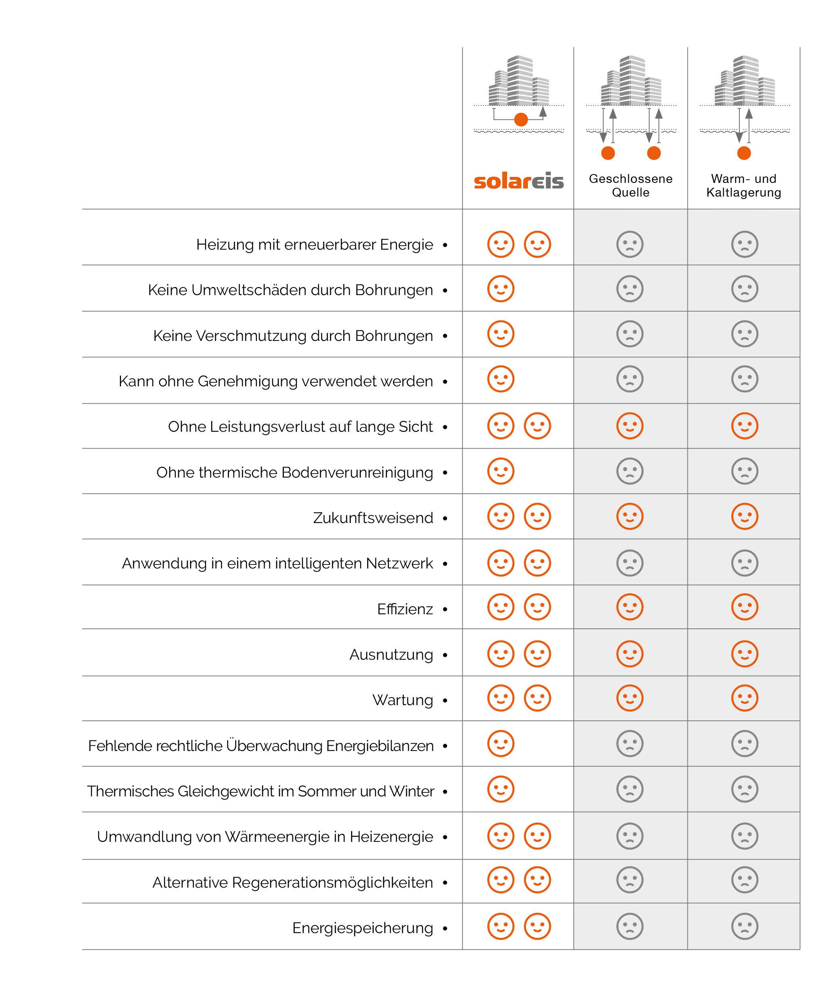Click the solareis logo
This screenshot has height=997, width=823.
[x=519, y=181]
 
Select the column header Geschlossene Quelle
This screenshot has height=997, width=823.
[x=630, y=185]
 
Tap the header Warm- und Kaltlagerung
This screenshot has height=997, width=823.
[x=744, y=185]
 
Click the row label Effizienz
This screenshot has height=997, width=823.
[x=405, y=609]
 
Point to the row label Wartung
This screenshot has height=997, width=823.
[x=402, y=700]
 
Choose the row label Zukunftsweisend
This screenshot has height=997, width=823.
[x=373, y=518]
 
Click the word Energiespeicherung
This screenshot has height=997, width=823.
[x=363, y=928]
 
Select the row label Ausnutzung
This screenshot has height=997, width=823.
[x=391, y=655]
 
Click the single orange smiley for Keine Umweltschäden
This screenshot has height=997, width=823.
[x=501, y=289]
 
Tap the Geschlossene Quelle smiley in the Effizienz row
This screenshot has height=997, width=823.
[x=630, y=607]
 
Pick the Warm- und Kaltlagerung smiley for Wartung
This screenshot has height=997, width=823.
[x=745, y=698]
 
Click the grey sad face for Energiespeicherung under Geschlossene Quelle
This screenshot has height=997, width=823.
[x=630, y=926]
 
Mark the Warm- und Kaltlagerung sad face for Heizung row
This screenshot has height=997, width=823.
[x=745, y=244]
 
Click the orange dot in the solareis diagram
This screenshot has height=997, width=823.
[x=521, y=119]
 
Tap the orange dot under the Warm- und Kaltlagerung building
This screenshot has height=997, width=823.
[x=744, y=153]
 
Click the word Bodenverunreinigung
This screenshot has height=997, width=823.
[x=357, y=472]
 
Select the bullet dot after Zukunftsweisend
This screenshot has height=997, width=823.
[x=445, y=519]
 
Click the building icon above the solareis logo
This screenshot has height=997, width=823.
[x=519, y=80]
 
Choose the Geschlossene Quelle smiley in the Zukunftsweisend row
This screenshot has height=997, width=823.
[x=630, y=516]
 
